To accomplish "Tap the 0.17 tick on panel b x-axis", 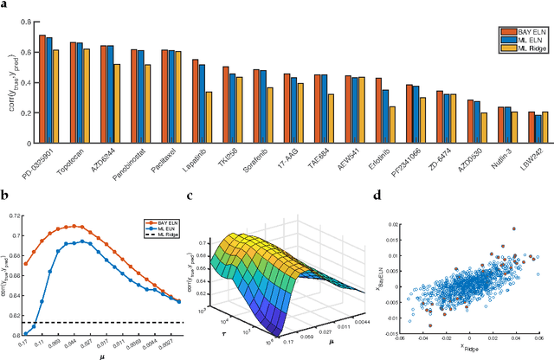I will coord(29,343).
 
